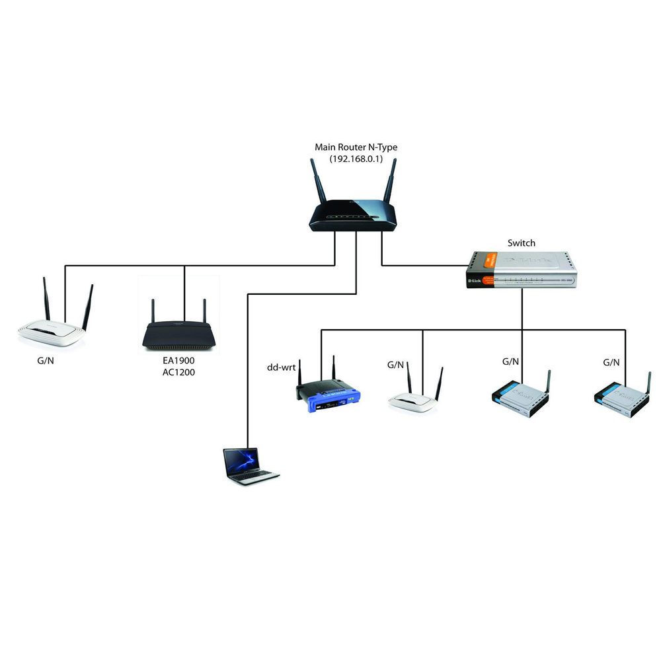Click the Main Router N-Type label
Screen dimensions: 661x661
tap(356, 147)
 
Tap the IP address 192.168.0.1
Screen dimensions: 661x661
tap(356, 159)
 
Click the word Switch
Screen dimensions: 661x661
tap(522, 243)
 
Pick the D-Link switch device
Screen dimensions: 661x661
tap(522, 270)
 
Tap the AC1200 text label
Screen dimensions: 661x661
tap(178, 372)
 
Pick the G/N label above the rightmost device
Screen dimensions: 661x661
tap(611, 363)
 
